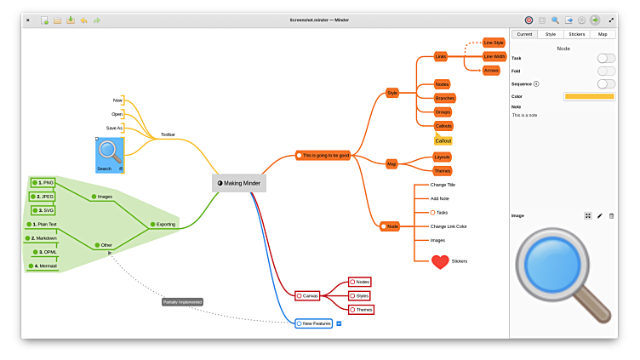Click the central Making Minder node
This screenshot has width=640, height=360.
pyautogui.click(x=239, y=183)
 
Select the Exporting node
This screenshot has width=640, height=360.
pyautogui.click(x=163, y=225)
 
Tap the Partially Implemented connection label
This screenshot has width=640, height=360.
pyautogui.click(x=182, y=301)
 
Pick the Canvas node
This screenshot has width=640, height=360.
pyautogui.click(x=307, y=295)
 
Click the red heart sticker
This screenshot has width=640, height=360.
pyautogui.click(x=440, y=262)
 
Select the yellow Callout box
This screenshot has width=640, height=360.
pyautogui.click(x=443, y=140)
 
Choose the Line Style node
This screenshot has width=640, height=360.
pyautogui.click(x=494, y=43)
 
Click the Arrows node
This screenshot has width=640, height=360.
pyautogui.click(x=491, y=71)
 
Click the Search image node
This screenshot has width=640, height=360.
pyautogui.click(x=110, y=154)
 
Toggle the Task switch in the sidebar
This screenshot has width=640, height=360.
pyautogui.click(x=606, y=58)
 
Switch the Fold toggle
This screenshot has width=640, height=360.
pyautogui.click(x=606, y=71)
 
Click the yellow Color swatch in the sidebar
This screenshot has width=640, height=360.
pyautogui.click(x=589, y=96)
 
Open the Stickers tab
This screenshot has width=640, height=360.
pyautogui.click(x=576, y=34)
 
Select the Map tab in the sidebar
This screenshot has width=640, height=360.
pyautogui.click(x=603, y=34)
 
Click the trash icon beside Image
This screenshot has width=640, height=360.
pyautogui.click(x=611, y=216)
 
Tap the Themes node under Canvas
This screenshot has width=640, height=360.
pyautogui.click(x=363, y=310)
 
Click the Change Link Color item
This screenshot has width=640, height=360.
pyautogui.click(x=449, y=226)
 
